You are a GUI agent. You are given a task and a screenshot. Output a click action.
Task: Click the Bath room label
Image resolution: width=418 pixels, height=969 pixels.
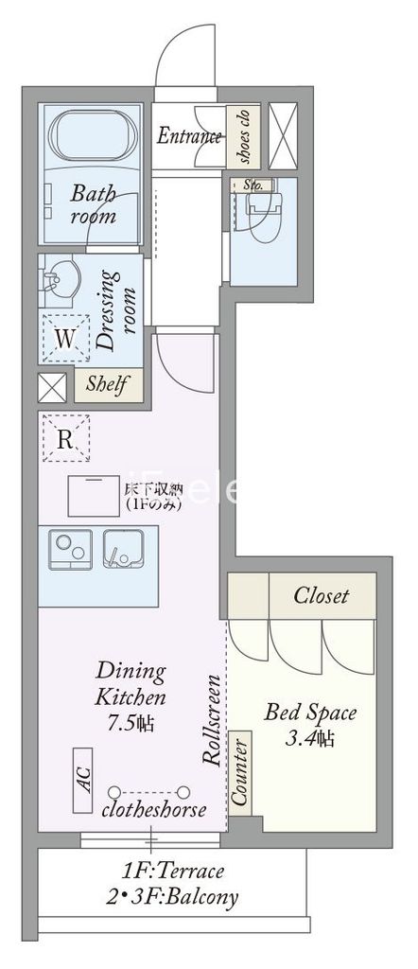point(94,204)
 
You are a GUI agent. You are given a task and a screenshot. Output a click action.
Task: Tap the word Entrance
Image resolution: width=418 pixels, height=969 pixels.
point(188,136)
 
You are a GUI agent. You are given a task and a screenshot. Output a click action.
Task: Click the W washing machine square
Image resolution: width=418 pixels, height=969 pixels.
point(63,337)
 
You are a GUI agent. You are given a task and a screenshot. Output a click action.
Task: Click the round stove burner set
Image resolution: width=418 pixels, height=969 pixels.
point(68,549)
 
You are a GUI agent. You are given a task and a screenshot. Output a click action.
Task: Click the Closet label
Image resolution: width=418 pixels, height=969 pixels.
point(321,596)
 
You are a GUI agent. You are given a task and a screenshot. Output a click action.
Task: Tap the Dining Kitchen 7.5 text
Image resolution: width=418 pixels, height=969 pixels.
point(131,698)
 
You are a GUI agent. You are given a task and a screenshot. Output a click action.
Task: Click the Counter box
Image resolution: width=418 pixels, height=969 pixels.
point(241,771)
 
